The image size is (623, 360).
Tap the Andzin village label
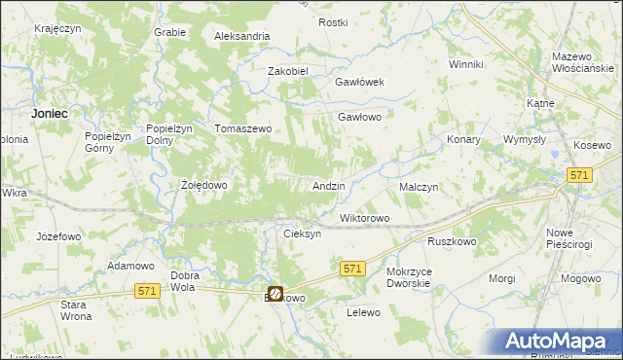tap(329, 185)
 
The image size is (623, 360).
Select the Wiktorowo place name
tap(364, 218)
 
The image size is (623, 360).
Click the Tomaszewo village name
tap(242, 128)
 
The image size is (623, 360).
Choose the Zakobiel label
tap(288, 71)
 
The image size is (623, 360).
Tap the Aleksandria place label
tap(242, 36)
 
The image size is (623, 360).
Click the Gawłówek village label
tap(361, 82)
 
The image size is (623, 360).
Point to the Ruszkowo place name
tap(451, 239)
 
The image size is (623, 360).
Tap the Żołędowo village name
tap(204, 185)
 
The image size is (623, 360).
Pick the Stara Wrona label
tap(76, 311)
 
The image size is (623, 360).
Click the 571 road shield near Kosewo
tap(580, 173)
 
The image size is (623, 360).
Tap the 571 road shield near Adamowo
tap(148, 291)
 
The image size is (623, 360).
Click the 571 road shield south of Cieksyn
tap(352, 268)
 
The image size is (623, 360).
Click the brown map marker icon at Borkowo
tap(275, 292)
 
